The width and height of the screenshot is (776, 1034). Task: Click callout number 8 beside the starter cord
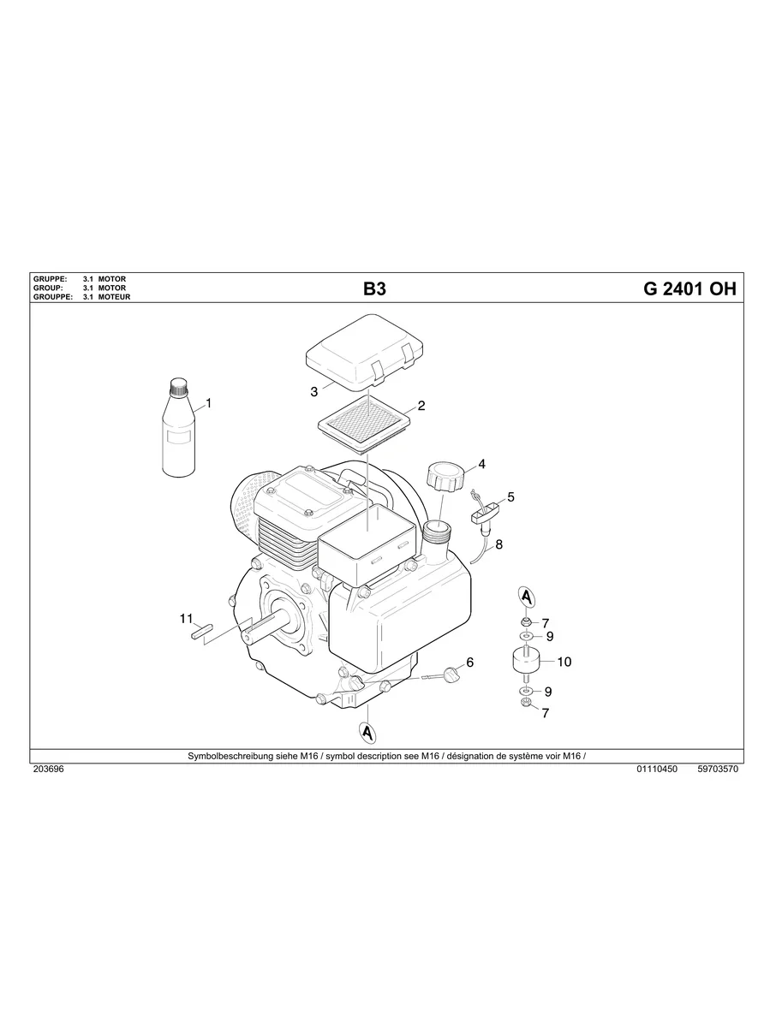pos(498,543)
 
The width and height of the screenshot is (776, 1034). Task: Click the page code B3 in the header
pos(374,289)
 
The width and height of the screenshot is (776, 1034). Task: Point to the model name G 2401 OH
pos(689,289)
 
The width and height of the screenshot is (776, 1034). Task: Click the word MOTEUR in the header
pos(114,297)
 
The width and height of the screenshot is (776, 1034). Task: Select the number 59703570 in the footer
pos(718,770)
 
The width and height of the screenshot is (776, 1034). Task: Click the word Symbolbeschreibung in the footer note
pos(225,756)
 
